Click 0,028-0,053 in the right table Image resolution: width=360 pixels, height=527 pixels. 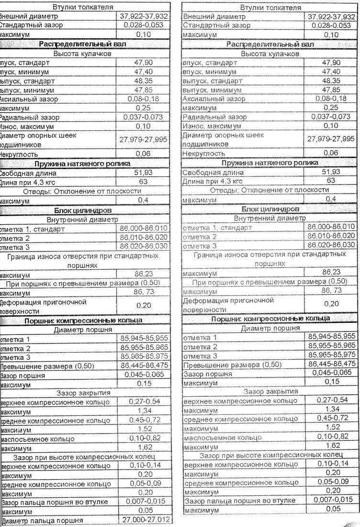point(330,25)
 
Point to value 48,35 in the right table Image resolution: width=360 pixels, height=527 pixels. point(331,80)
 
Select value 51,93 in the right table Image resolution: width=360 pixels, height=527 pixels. point(331,172)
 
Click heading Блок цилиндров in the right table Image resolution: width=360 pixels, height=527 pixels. point(270,209)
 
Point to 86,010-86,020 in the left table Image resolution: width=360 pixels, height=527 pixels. point(144,238)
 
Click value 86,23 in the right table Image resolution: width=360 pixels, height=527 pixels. point(331,272)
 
